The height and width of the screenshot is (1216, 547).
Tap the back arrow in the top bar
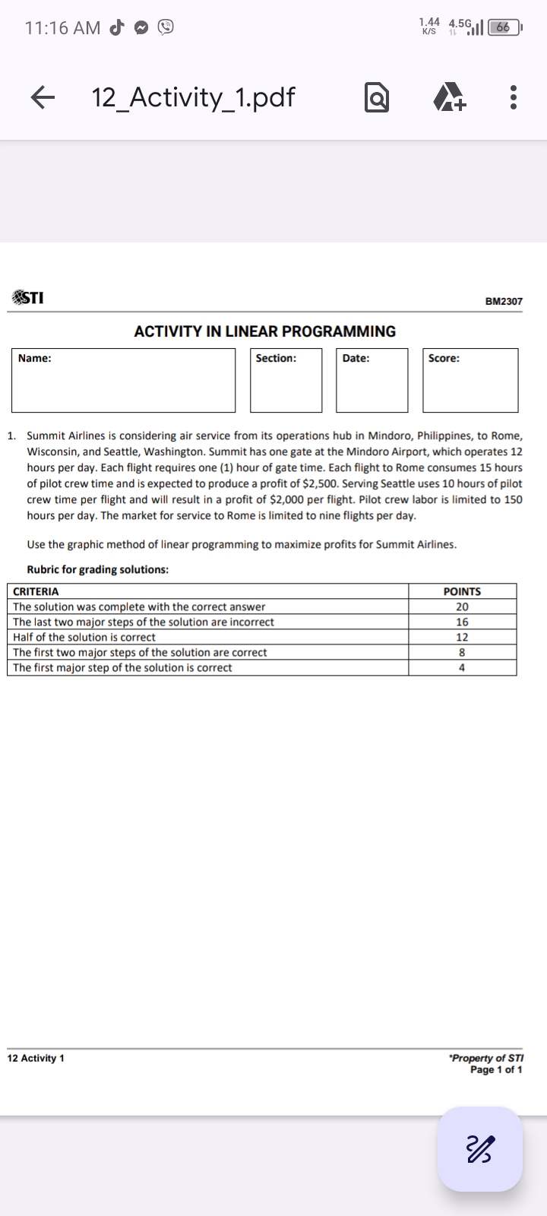[x=44, y=97]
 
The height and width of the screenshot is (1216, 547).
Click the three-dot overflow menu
[x=514, y=97]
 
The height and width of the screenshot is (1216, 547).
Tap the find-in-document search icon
[x=378, y=98]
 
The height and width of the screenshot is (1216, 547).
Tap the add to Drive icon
[x=449, y=98]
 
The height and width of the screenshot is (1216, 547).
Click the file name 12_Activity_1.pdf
[x=193, y=97]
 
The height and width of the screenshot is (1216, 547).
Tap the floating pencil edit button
[x=480, y=1148]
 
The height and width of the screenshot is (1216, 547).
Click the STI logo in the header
[x=27, y=298]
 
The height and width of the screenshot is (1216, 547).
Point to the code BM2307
[x=504, y=302]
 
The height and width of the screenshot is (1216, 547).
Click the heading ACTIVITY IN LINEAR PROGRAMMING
[x=264, y=331]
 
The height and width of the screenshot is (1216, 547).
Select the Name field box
[x=123, y=380]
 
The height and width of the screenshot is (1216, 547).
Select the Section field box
[x=286, y=380]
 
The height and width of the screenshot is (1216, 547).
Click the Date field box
[x=372, y=380]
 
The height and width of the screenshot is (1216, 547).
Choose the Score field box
[x=470, y=380]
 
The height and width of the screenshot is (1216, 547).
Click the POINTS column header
[x=462, y=591]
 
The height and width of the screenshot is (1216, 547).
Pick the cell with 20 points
[x=462, y=606]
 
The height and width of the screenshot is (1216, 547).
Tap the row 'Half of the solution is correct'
[x=84, y=637]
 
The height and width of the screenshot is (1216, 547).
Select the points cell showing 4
[x=462, y=667]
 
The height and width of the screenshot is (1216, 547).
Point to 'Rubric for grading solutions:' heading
[x=98, y=569]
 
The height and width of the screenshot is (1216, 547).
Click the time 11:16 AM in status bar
[x=62, y=28]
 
